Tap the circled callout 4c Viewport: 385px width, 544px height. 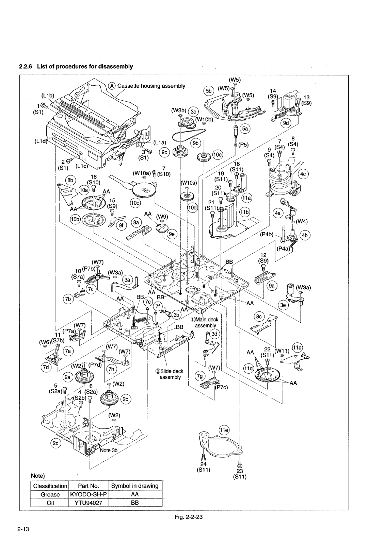[303, 174]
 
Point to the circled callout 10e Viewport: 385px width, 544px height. [217, 155]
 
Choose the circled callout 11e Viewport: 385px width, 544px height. [224, 430]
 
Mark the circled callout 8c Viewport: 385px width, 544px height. [260, 317]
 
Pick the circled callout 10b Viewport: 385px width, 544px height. [75, 219]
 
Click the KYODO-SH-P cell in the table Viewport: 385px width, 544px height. [89, 495]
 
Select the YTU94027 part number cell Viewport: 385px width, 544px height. [89, 503]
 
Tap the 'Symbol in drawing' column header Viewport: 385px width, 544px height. [135, 486]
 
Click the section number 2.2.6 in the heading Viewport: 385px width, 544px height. [26, 66]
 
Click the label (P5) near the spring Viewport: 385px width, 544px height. [243, 144]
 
